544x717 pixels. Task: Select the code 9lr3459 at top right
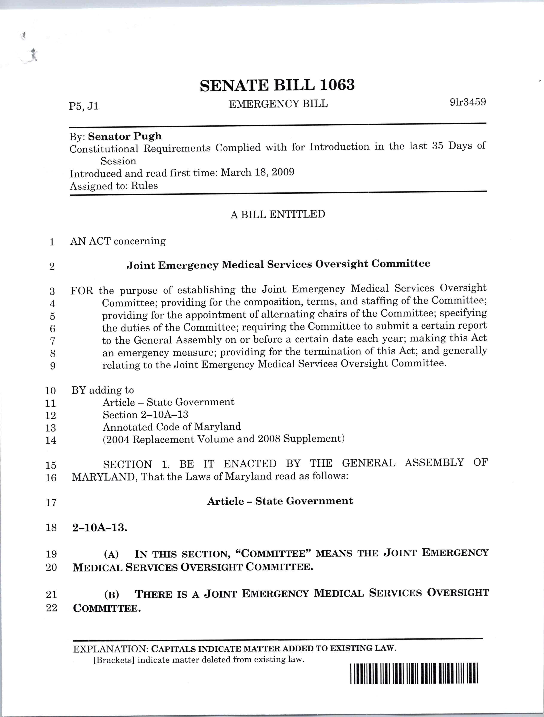pos(468,102)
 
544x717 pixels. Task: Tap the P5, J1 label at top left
pos(84,106)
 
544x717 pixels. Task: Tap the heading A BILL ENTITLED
pos(278,215)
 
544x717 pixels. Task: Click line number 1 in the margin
pos(52,242)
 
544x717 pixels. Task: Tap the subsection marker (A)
pos(111,554)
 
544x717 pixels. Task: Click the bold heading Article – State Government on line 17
pos(280,501)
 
